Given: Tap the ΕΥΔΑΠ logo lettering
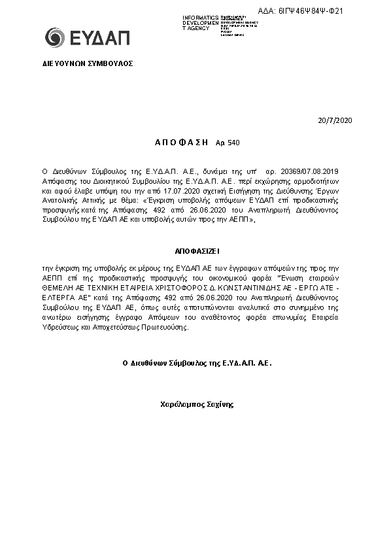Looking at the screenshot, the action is pos(98,38).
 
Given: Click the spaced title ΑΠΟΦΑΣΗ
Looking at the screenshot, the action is pos(182,142).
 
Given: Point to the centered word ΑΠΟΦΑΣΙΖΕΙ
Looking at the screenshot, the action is pos(194,250).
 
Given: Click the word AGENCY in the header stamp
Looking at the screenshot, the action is pos(199,29).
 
